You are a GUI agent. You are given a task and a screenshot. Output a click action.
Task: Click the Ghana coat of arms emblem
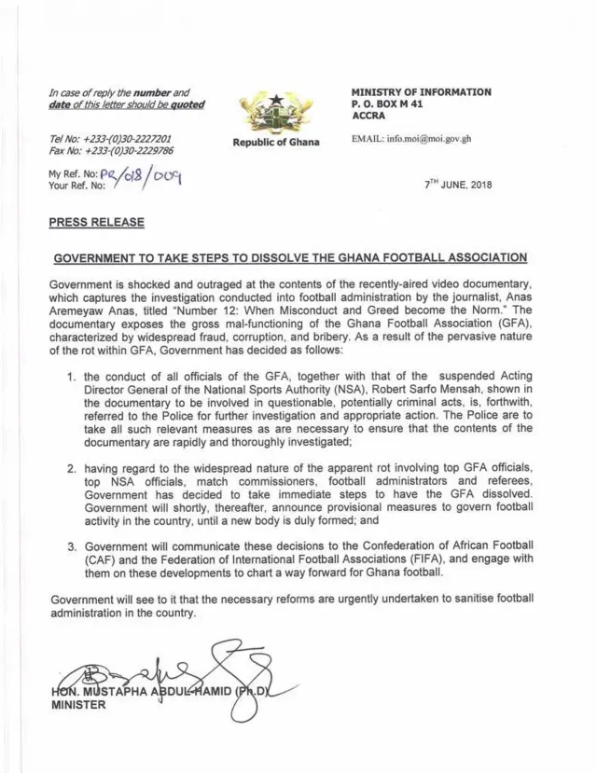[274, 112]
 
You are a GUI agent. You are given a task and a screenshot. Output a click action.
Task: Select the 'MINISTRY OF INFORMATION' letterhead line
[421, 92]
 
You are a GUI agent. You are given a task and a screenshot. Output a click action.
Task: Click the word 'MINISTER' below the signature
[77, 705]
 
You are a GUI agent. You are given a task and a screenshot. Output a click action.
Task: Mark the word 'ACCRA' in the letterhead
[370, 117]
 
